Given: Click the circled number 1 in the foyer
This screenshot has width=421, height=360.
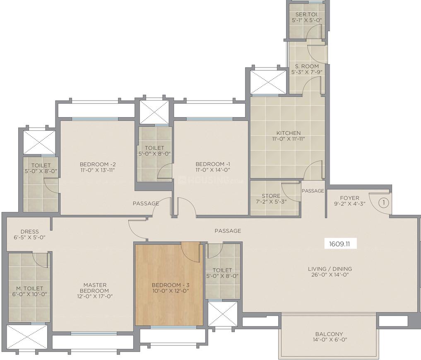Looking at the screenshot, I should [383, 203].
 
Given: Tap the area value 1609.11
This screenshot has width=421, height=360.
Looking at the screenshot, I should [339, 244].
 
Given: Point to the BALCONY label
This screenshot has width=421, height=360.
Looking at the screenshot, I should [329, 334].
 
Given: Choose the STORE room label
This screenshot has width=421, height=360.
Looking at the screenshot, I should [271, 196].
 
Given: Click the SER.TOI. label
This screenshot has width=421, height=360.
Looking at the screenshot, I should [307, 14].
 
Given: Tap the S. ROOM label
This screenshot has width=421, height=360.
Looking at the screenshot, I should [307, 66].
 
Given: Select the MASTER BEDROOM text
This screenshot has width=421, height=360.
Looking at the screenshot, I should [95, 288].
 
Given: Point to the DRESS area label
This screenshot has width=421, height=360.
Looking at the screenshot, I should [29, 232].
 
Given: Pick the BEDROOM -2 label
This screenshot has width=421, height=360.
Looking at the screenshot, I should [95, 164].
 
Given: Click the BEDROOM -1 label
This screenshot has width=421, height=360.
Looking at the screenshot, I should [212, 164].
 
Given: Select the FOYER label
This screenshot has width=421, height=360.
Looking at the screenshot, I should [350, 198].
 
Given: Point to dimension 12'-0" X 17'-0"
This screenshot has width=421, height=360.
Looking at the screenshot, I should [95, 296].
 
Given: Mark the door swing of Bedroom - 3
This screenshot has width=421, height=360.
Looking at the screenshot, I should [191, 251].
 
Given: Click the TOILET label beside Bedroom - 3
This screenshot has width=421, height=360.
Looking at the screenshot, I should [222, 270].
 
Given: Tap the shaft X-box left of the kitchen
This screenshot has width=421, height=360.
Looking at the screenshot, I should [268, 82].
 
